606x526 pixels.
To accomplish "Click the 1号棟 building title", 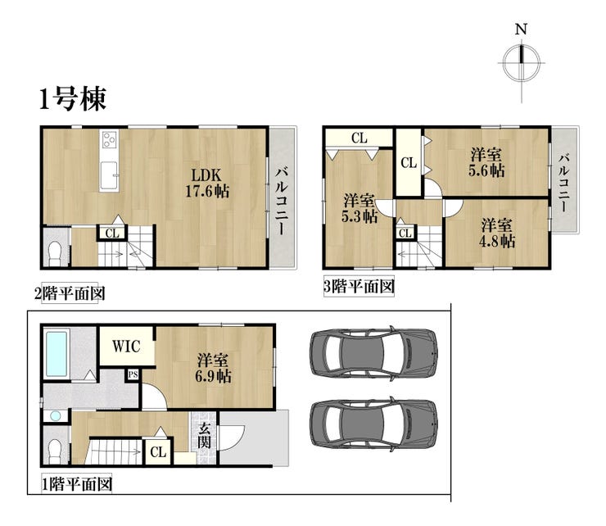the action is [x=73, y=99].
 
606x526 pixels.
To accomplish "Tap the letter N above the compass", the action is [x=522, y=29].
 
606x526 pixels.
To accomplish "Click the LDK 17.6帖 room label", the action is [x=207, y=184].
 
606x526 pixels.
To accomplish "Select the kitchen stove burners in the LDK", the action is [x=109, y=139].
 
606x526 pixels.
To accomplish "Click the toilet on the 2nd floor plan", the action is [x=55, y=253].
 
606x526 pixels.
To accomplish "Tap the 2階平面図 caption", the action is [x=70, y=293].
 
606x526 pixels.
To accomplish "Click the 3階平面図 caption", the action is [x=359, y=287].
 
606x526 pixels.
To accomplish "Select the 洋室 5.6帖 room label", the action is [x=486, y=162].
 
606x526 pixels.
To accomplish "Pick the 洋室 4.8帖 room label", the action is [x=497, y=234].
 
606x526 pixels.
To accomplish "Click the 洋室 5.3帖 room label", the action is [x=360, y=209].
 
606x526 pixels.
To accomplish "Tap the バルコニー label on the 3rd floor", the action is [x=565, y=183].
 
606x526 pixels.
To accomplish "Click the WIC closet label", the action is [x=126, y=346].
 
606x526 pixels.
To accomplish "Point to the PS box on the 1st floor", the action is [x=133, y=374].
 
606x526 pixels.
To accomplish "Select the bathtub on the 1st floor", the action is [x=57, y=353].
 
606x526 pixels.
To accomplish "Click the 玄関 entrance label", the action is [x=205, y=435].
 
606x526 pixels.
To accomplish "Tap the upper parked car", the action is [x=374, y=352].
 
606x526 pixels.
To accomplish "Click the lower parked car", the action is [x=374, y=423].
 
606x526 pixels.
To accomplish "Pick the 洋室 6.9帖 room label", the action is [x=213, y=368].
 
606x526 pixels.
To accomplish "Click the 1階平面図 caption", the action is [x=77, y=484].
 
